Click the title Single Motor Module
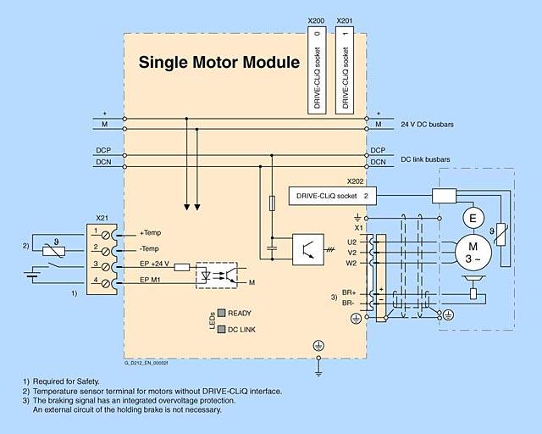point(218,62)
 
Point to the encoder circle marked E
point(475,218)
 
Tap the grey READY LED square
point(221,312)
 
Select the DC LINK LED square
point(221,328)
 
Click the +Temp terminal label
point(151,233)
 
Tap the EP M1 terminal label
point(151,281)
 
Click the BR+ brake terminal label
point(348,292)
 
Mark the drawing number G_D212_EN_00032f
point(147,363)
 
